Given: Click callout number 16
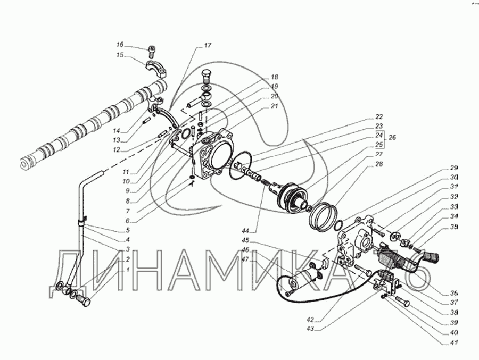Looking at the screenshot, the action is click(120, 45).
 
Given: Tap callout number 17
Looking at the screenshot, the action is click(207, 46).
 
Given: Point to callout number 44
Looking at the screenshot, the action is click(245, 232).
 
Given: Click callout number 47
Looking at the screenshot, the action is click(246, 259).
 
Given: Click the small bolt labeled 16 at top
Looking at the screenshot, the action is click(152, 52).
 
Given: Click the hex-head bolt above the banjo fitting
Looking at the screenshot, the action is click(207, 75).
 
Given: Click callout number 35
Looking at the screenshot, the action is click(453, 227).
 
